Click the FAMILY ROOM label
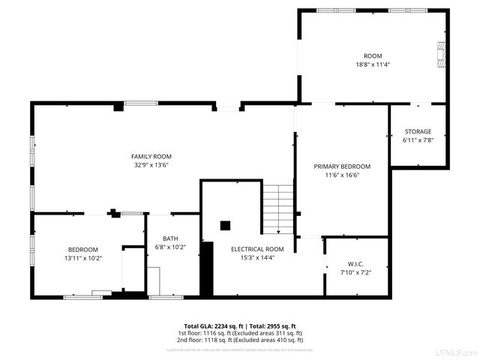click(147, 156)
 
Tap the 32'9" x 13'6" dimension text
click(151, 164)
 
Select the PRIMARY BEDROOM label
click(342, 166)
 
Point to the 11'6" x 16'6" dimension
click(342, 175)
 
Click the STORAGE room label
click(418, 131)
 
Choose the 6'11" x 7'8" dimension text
click(418, 139)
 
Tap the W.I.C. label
click(355, 264)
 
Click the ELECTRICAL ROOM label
click(257, 249)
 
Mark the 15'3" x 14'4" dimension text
click(257, 257)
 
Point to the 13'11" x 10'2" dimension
click(84, 257)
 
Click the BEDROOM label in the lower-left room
click(83, 249)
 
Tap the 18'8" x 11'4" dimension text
click(373, 64)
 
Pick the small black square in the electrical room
click(225, 224)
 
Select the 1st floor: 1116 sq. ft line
click(240, 332)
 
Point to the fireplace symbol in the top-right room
click(441, 55)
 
